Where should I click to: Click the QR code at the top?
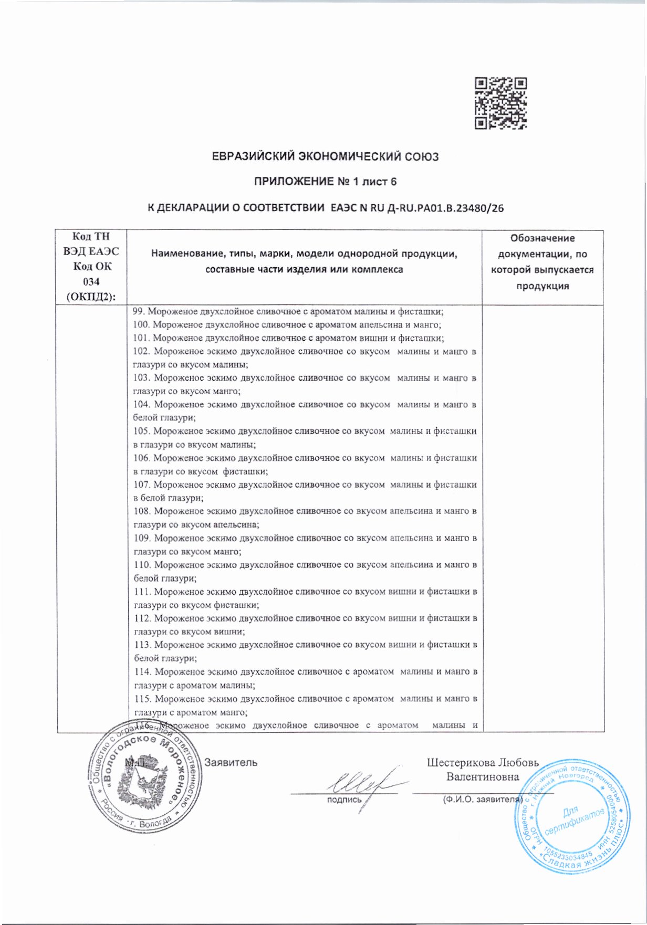coord(500,103)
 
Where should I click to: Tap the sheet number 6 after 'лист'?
coord(393,182)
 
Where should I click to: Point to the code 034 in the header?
coord(91,282)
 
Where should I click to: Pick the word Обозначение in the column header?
coord(542,238)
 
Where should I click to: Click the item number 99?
coord(139,311)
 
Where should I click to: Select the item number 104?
coord(142,405)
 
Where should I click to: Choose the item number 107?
coord(142,485)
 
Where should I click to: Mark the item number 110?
coord(142,565)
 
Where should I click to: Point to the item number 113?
coord(142,645)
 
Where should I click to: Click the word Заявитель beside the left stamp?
coord(231,762)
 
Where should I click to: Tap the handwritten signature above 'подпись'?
coord(358,784)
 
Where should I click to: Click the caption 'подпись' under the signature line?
coord(344,800)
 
